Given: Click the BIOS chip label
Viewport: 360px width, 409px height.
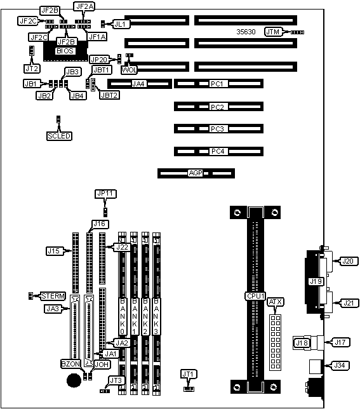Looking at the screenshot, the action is (65, 51).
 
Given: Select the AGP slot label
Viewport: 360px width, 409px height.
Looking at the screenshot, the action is (196, 173).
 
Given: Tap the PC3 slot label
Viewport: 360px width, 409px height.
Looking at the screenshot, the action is (217, 129).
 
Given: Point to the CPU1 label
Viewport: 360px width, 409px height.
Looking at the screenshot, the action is (255, 296).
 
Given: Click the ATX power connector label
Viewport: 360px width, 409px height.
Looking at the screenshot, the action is (276, 302).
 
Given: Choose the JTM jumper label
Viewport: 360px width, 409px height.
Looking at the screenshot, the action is (273, 32).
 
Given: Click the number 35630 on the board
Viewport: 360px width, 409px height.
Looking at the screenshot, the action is (246, 32).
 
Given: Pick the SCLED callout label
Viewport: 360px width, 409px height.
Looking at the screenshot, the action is (59, 136).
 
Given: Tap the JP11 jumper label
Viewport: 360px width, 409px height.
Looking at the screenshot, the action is (105, 194).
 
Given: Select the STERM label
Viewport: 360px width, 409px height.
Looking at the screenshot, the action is (53, 296).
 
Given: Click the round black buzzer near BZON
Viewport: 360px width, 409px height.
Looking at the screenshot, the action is (74, 380).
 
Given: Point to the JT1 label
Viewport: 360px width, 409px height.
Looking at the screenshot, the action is (189, 374).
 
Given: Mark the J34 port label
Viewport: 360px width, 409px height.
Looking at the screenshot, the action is (340, 365).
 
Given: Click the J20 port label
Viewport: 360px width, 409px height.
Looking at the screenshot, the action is (348, 261).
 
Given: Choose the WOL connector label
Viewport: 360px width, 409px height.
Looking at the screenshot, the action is (129, 70).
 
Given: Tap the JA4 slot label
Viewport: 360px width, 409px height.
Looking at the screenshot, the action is (138, 84).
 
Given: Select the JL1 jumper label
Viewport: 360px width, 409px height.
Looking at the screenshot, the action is (121, 24).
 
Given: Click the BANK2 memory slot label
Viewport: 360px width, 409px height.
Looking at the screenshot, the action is (145, 316).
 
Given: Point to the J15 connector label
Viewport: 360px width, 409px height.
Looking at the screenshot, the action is (54, 251).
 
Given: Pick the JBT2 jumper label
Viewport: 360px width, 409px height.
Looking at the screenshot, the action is (109, 95).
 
